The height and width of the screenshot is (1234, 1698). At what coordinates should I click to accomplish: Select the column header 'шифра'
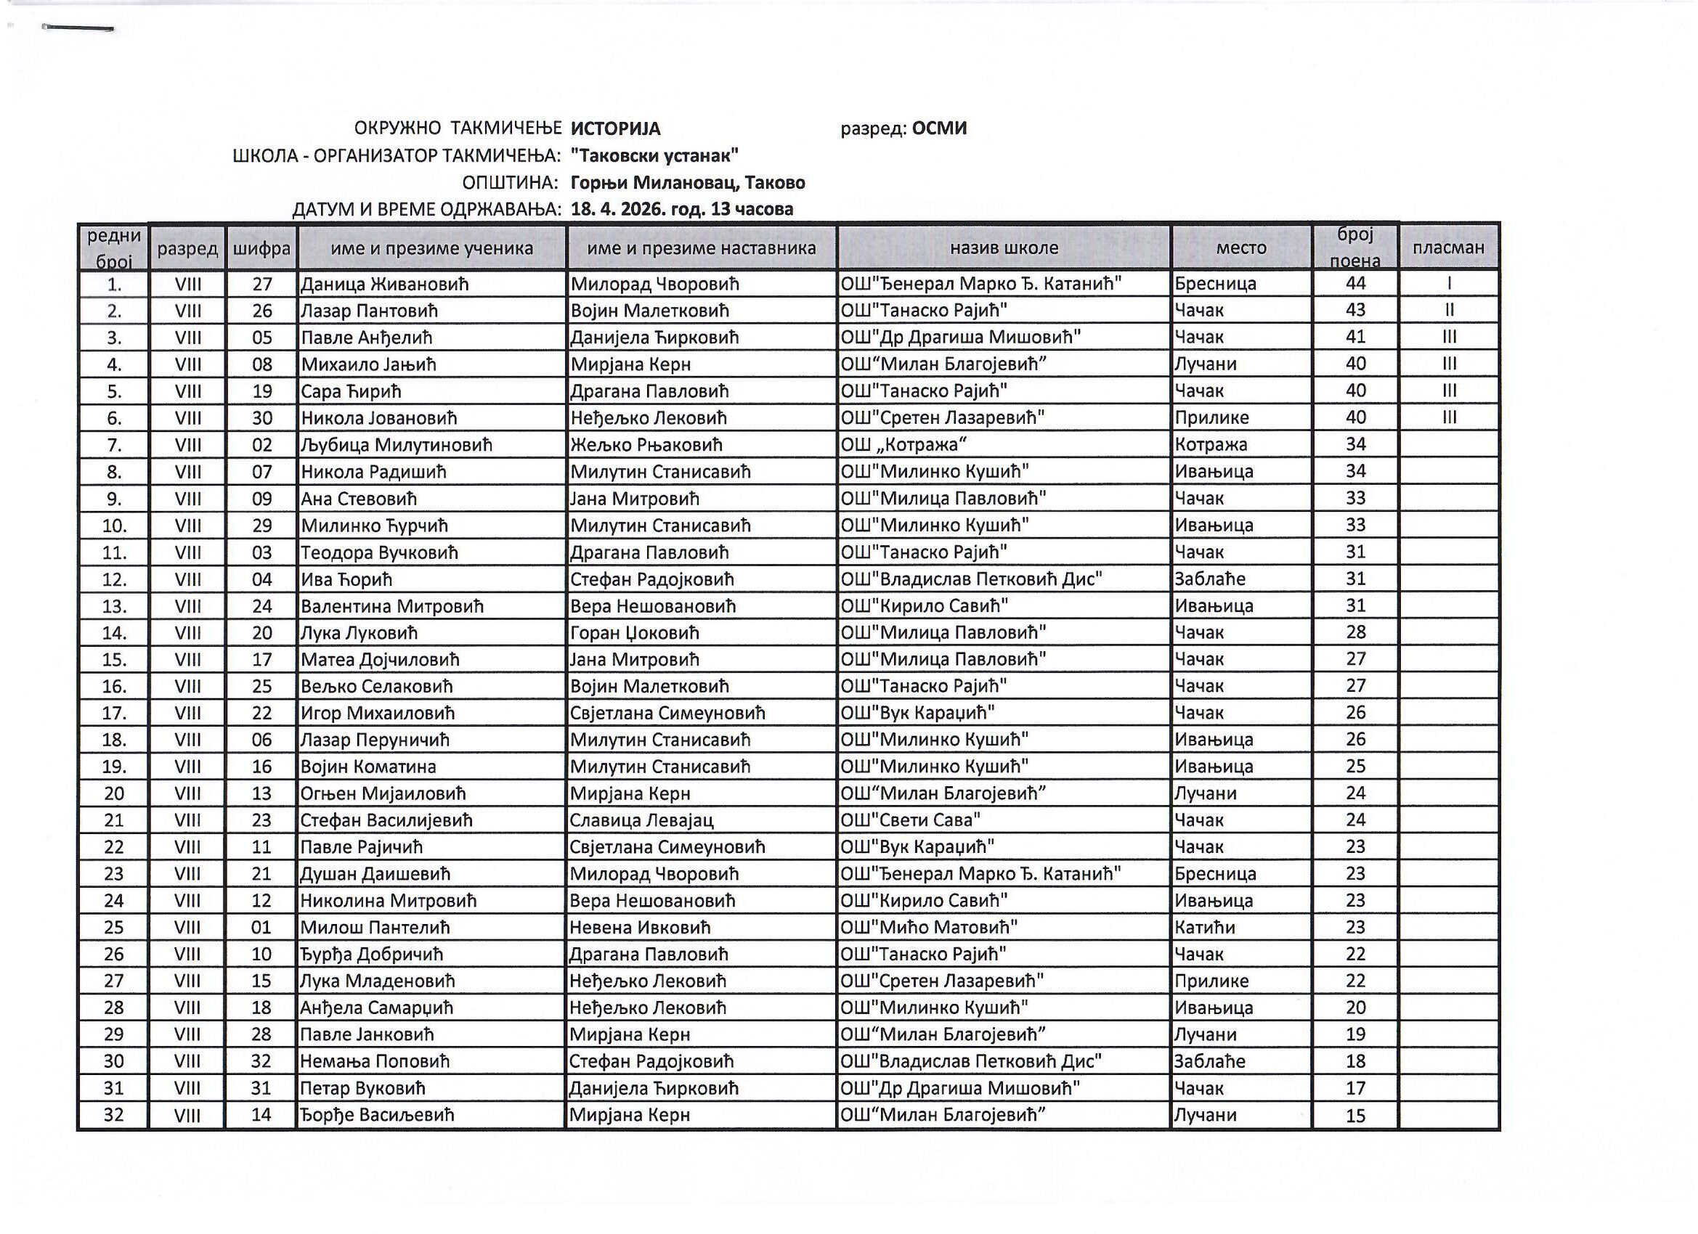pos(261,248)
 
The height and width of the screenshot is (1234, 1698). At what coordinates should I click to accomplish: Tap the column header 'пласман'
pos(1448,248)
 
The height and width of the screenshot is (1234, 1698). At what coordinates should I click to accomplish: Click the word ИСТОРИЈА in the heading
pos(615,128)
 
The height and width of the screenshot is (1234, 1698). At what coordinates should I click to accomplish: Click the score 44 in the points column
pos(1355,284)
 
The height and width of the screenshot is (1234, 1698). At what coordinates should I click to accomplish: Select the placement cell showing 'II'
pos(1449,311)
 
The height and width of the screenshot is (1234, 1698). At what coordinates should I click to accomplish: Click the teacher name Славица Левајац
pos(641,820)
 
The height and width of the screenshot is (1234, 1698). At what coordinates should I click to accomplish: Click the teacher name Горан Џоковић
pos(634,633)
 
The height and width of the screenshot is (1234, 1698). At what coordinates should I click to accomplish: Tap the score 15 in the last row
pos(1355,1116)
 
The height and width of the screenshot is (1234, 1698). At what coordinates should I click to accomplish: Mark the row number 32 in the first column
pos(114,1115)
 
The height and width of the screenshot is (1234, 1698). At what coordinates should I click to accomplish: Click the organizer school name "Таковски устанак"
pos(654,155)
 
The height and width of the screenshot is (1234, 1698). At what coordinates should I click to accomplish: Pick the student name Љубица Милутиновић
pos(396,445)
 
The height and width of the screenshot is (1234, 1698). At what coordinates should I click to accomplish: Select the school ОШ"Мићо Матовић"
pos(928,928)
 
